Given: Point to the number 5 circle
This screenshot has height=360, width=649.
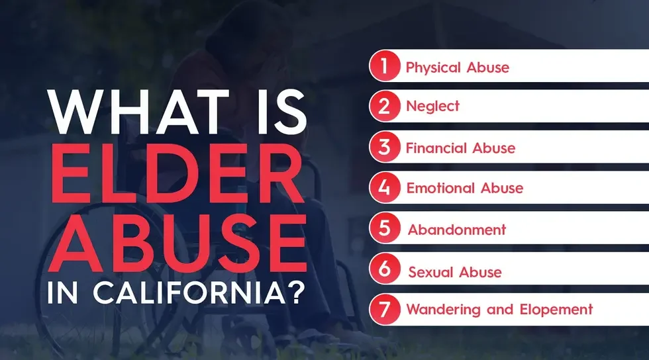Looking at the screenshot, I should tap(385, 230).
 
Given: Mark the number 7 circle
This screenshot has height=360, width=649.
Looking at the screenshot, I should tap(385, 309).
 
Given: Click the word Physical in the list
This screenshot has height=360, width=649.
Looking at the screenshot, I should tap(430, 67).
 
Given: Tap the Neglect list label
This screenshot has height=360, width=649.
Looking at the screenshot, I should tap(432, 107).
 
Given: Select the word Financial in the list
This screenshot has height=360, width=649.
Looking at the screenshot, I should tap(435, 148).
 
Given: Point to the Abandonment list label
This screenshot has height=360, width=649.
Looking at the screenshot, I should tap(457, 230).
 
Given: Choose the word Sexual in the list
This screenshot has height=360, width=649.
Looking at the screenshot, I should tap(431, 272).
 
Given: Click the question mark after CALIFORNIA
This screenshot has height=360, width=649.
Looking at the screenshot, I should tap(295, 291).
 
